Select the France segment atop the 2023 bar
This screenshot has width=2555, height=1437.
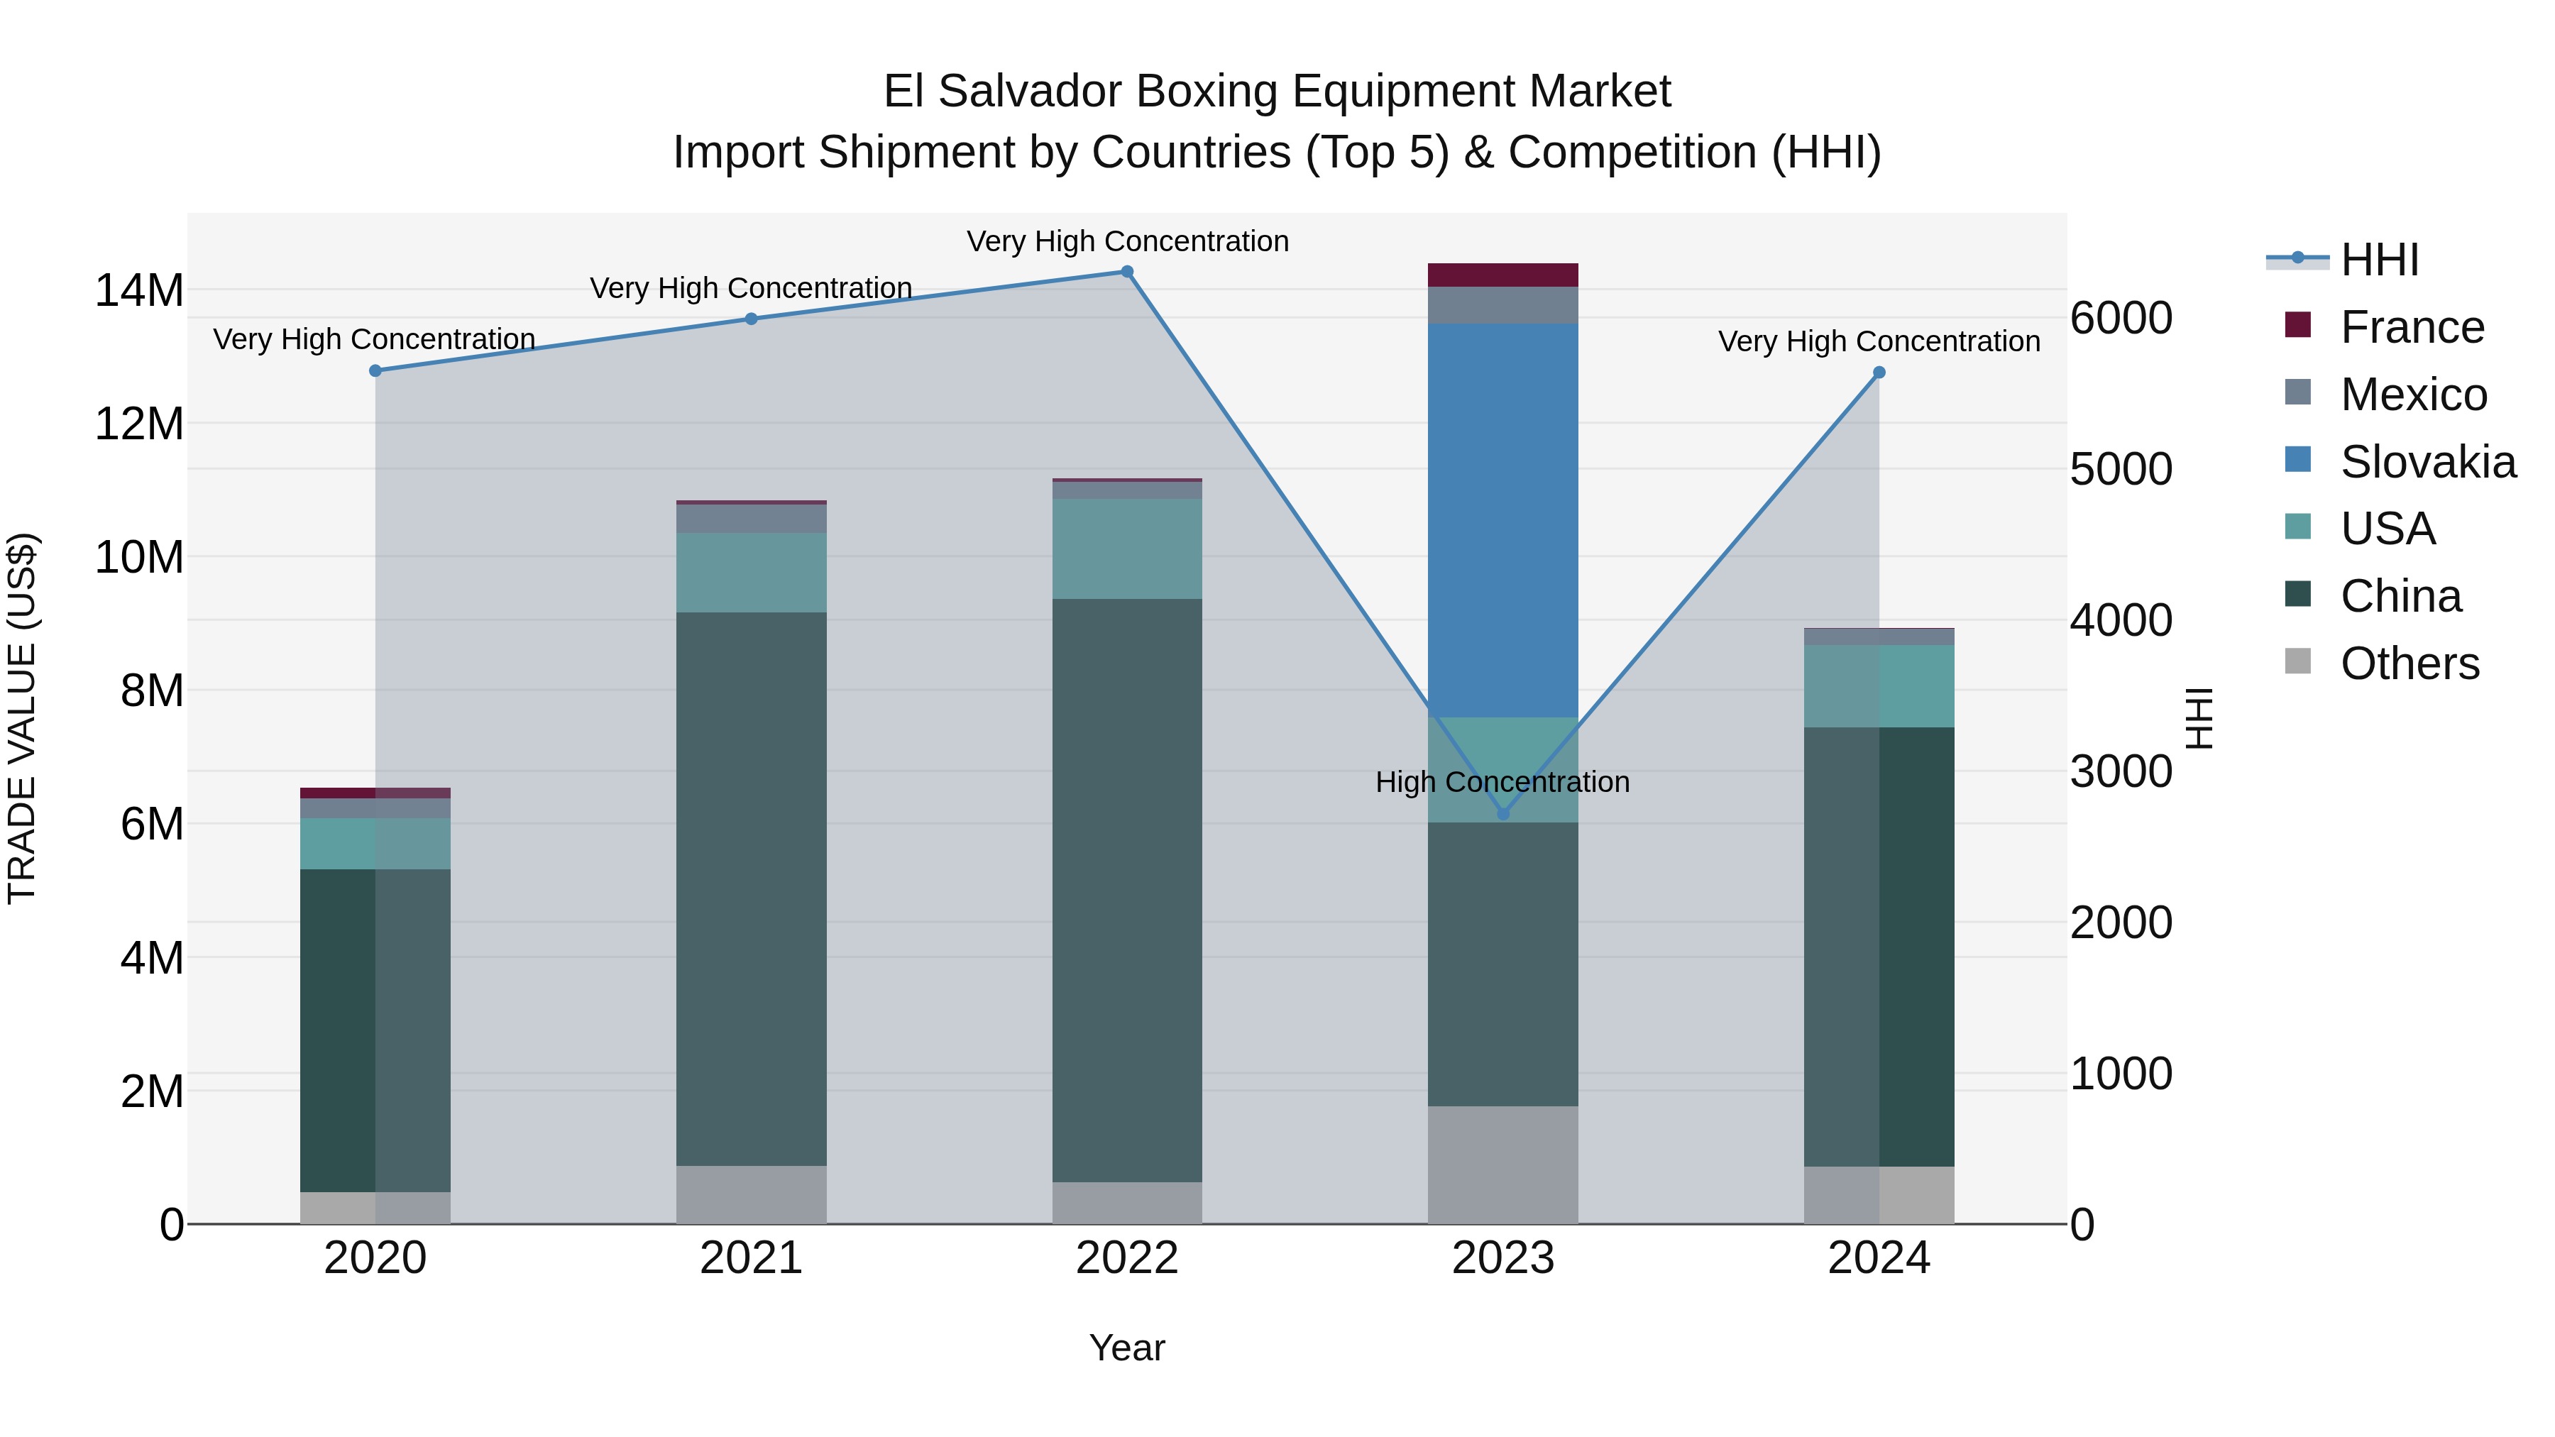pyautogui.click(x=1502, y=275)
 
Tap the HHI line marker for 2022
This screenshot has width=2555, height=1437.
pyautogui.click(x=1127, y=272)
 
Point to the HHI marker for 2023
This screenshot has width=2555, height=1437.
pyautogui.click(x=1502, y=813)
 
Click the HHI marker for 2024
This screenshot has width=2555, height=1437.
pyautogui.click(x=1879, y=373)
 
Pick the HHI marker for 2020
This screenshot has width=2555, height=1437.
pyautogui.click(x=375, y=371)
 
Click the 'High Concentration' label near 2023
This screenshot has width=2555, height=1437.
pyautogui.click(x=1502, y=783)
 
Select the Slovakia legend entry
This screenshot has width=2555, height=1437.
pyautogui.click(x=2427, y=462)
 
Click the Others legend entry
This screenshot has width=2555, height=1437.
pyautogui.click(x=2410, y=664)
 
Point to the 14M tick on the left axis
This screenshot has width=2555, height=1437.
pyautogui.click(x=139, y=290)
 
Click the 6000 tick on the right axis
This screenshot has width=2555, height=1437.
pyautogui.click(x=2121, y=319)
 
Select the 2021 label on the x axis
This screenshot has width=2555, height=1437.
pyautogui.click(x=751, y=1258)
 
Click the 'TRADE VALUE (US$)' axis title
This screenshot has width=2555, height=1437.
pyautogui.click(x=22, y=718)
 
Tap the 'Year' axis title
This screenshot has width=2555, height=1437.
pyautogui.click(x=1127, y=1348)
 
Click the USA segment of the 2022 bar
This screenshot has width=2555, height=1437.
pyautogui.click(x=1127, y=549)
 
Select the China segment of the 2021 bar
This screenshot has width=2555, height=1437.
pyautogui.click(x=751, y=888)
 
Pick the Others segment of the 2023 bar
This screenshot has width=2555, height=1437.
pyautogui.click(x=1502, y=1165)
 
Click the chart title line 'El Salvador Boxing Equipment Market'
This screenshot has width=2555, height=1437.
pyautogui.click(x=1277, y=92)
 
